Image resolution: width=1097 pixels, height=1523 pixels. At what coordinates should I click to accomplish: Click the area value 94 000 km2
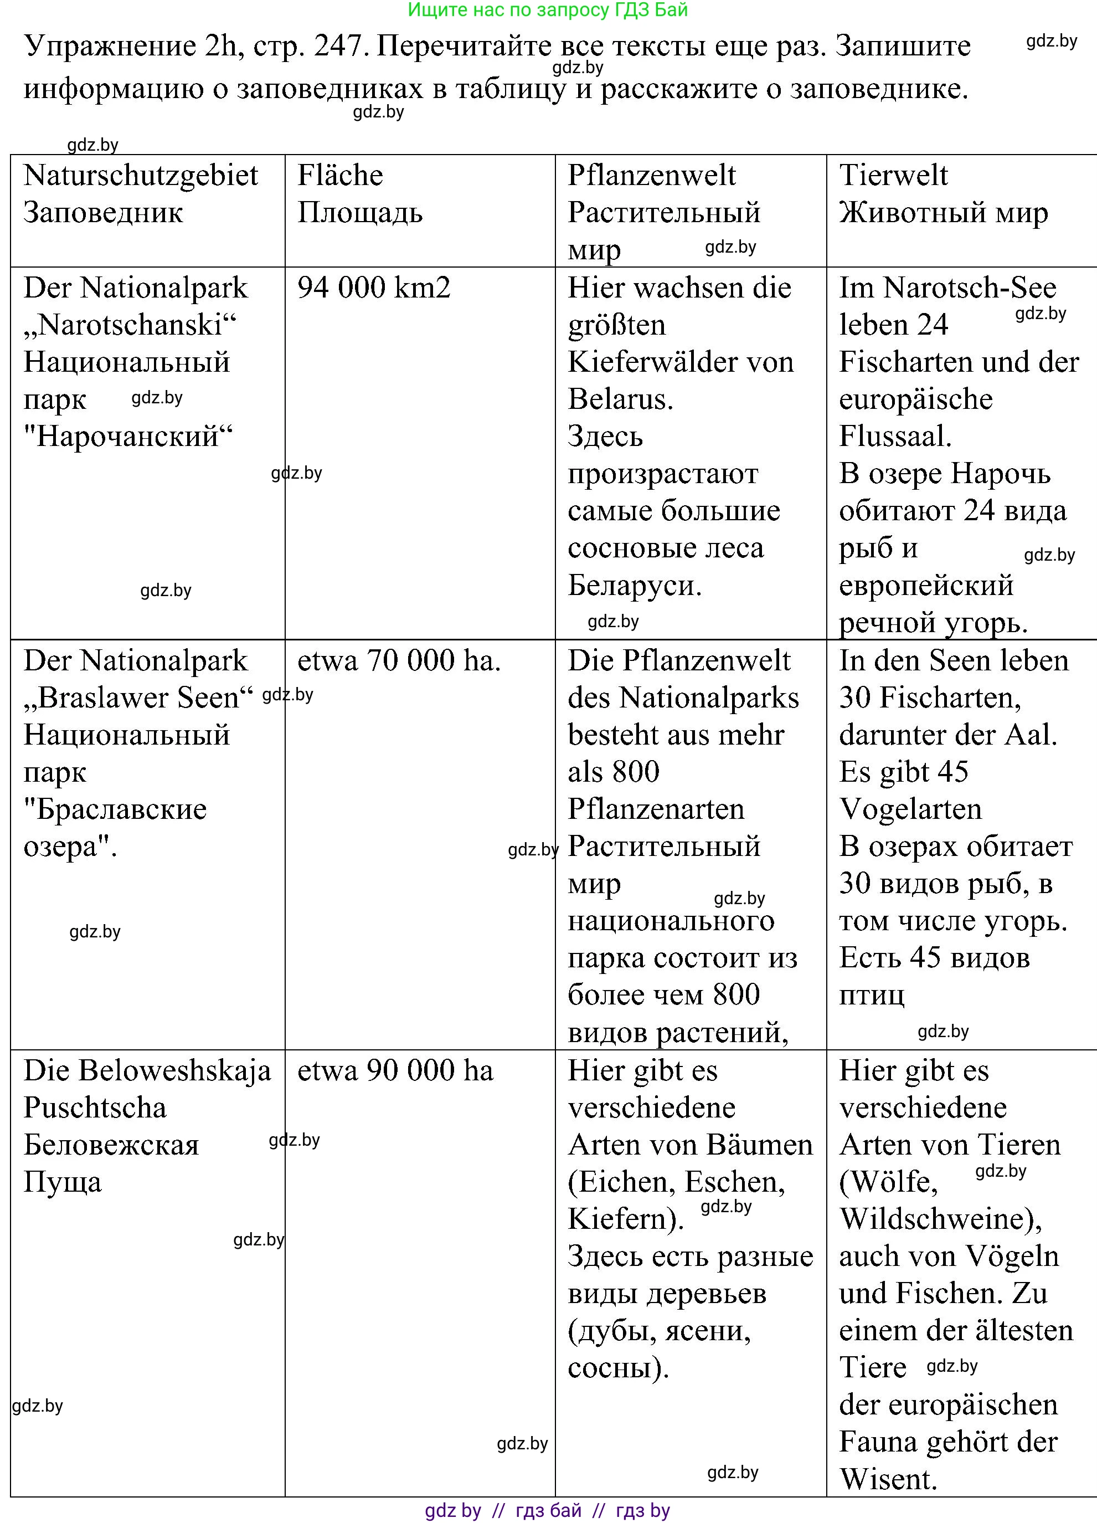(374, 288)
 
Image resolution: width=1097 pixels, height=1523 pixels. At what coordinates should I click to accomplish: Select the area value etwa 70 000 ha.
(399, 661)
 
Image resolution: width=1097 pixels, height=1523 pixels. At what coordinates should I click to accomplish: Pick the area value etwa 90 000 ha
(395, 1070)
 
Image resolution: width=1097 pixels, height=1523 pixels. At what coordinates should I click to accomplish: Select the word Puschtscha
(95, 1108)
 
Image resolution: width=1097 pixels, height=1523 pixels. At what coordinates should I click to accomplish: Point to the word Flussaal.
(895, 437)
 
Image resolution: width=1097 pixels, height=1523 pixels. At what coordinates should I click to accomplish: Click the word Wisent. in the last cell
(888, 1479)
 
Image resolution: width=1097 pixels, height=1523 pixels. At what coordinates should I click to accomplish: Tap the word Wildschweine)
(940, 1219)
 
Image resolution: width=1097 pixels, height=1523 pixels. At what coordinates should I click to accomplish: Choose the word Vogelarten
(910, 810)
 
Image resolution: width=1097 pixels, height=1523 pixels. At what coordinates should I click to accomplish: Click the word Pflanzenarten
(656, 810)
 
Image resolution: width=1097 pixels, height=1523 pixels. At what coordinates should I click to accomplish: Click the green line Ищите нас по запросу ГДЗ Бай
(548, 10)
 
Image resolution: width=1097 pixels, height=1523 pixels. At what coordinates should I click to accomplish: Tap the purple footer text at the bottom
(548, 1511)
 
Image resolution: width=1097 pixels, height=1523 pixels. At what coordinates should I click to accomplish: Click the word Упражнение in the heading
(110, 47)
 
